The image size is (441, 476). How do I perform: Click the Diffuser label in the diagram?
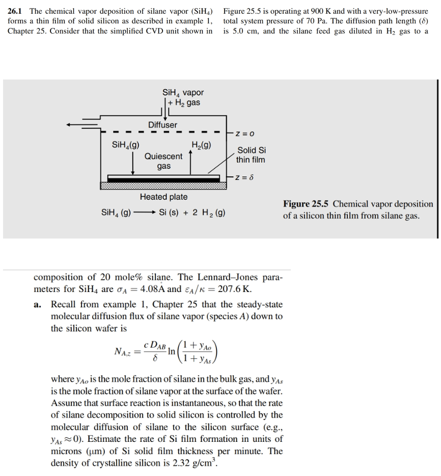163,125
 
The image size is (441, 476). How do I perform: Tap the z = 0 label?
244,134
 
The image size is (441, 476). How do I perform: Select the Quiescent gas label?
163,161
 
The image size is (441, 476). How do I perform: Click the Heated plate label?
163,197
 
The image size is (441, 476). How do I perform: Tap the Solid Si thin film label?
251,155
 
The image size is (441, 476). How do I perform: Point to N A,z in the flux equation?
123,351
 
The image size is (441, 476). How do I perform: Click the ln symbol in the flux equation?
171,351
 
